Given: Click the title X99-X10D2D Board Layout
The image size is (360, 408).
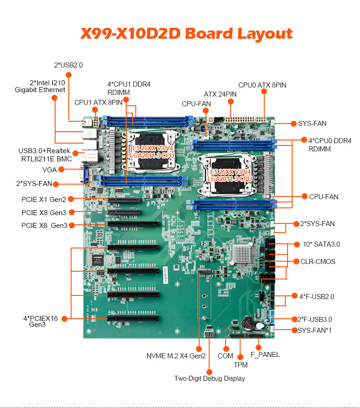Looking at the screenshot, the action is (186, 34).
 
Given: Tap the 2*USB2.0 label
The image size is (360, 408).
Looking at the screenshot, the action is (68, 65).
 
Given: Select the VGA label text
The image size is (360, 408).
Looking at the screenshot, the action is (49, 170).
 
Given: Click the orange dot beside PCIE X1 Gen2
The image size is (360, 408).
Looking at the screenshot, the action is (71, 199).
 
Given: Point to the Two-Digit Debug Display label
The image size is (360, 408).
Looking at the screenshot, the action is (210, 378).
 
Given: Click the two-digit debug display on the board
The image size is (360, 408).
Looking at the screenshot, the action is (210, 335).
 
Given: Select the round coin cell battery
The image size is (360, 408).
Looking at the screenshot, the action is (247, 324).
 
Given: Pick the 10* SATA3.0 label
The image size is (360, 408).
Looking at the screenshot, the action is (321, 244).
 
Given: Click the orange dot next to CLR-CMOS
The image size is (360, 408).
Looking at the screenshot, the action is (296, 262).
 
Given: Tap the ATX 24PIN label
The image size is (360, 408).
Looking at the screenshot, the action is (220, 94).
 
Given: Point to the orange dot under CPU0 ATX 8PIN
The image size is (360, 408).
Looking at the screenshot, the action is (264, 92).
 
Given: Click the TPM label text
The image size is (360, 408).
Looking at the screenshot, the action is (241, 365).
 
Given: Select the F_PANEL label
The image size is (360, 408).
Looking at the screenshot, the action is (265, 355).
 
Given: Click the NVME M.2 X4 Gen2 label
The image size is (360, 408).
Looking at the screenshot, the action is (176, 356).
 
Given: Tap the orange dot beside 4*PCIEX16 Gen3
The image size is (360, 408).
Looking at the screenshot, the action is (65, 319).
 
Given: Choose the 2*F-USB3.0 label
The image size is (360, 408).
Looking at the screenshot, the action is (315, 320).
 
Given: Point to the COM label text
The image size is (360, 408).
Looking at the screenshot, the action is (226, 356).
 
